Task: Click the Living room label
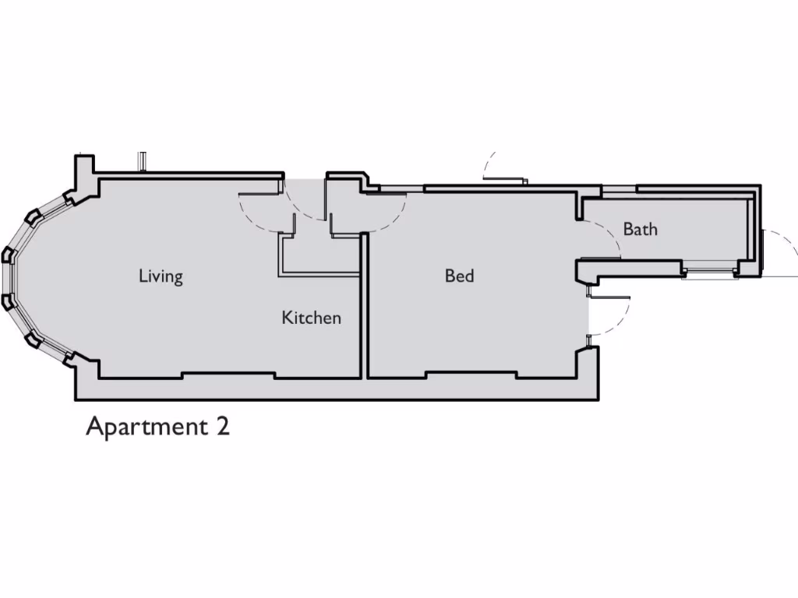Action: point(161,276)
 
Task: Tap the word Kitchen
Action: point(311,318)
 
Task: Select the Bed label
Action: point(459,276)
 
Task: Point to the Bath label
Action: point(640,230)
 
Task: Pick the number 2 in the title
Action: point(222,427)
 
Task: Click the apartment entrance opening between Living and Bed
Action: point(305,187)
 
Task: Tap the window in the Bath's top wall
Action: point(619,189)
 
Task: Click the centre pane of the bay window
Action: point(11,276)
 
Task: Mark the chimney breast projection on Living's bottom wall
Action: point(228,377)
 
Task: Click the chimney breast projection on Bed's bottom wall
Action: point(471,377)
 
